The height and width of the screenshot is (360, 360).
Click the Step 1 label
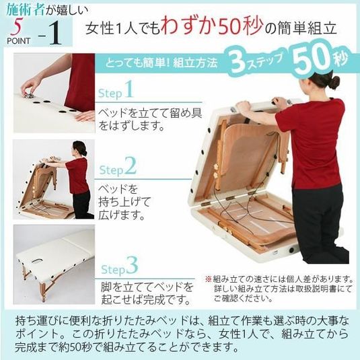click(x=116, y=90)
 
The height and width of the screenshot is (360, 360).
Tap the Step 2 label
click(x=118, y=167)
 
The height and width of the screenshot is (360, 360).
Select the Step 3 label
click(x=120, y=266)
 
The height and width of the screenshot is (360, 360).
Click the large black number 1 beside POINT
click(x=55, y=33)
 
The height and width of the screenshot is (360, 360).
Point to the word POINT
click(x=19, y=41)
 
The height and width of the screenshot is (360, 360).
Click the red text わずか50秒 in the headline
click(x=212, y=27)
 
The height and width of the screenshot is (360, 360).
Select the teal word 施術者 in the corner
click(x=26, y=9)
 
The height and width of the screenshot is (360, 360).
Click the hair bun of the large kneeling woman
click(x=335, y=81)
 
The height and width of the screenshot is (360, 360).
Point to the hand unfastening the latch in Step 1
click(x=28, y=87)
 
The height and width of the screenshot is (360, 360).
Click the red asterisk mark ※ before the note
click(x=208, y=279)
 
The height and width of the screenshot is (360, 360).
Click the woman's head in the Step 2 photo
click(x=79, y=147)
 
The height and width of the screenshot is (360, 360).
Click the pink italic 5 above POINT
click(x=17, y=27)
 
